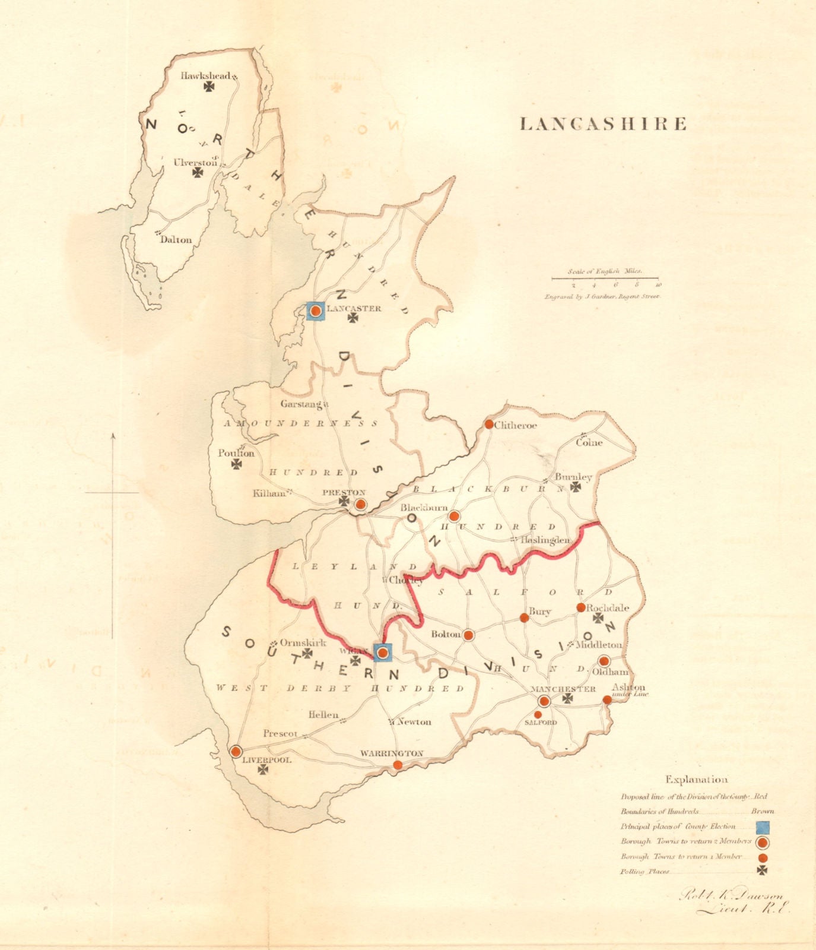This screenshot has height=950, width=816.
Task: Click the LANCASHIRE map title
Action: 603,124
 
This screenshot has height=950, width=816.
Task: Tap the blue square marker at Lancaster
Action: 316,311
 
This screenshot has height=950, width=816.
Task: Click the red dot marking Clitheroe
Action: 489,425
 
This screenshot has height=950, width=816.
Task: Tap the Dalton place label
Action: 176,240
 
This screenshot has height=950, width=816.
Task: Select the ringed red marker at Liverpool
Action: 236,751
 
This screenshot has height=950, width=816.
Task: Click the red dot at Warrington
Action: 398,765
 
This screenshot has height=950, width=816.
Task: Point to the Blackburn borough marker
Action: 454,516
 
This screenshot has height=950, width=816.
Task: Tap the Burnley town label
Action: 573,477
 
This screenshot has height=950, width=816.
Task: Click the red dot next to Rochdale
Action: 581,607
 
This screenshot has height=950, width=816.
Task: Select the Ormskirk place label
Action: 303,643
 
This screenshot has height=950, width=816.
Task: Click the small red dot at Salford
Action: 538,714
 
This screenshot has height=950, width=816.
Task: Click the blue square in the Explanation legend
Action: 763,826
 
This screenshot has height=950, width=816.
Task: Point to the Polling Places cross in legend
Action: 763,870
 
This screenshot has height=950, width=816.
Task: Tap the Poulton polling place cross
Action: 237,464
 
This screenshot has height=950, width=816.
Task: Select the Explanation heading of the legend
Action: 696,780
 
